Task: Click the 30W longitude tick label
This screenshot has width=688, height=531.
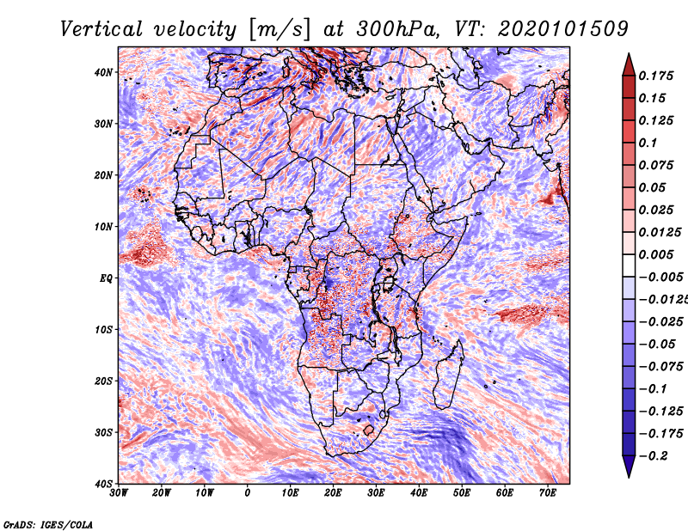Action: tap(119, 493)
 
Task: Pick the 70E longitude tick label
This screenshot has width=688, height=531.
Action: tap(548, 493)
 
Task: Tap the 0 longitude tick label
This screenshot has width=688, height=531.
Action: tap(248, 493)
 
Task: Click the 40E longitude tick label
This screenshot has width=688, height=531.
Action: tap(419, 493)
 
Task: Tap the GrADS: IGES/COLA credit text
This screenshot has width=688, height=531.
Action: tap(48, 523)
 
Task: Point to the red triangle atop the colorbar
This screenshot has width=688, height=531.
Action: tap(629, 64)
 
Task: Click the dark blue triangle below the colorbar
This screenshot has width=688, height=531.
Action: tap(629, 467)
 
